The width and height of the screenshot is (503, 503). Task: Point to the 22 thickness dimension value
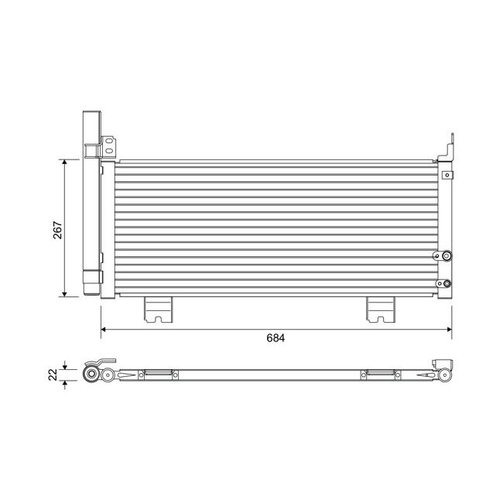coord(52,375)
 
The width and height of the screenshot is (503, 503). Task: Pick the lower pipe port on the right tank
coord(446,282)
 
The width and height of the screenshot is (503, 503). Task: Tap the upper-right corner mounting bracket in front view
coord(447,151)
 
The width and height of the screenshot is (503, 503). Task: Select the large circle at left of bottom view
coord(91,375)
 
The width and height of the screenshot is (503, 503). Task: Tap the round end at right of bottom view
coord(445,376)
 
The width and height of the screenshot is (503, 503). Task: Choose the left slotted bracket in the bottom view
coord(158,375)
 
